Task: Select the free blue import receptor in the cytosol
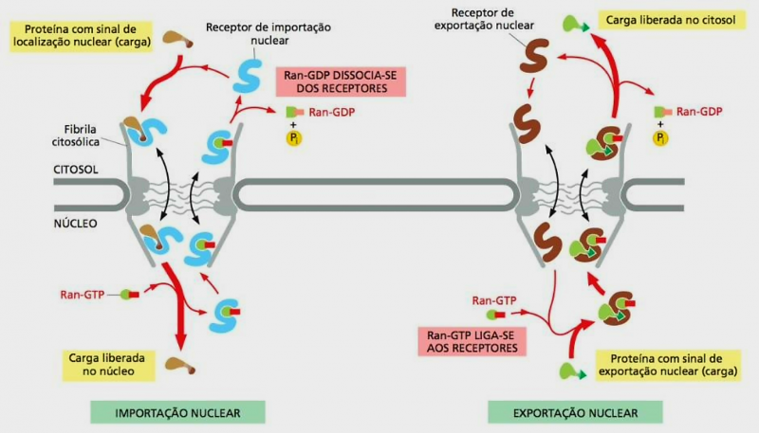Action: click(x=251, y=74)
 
